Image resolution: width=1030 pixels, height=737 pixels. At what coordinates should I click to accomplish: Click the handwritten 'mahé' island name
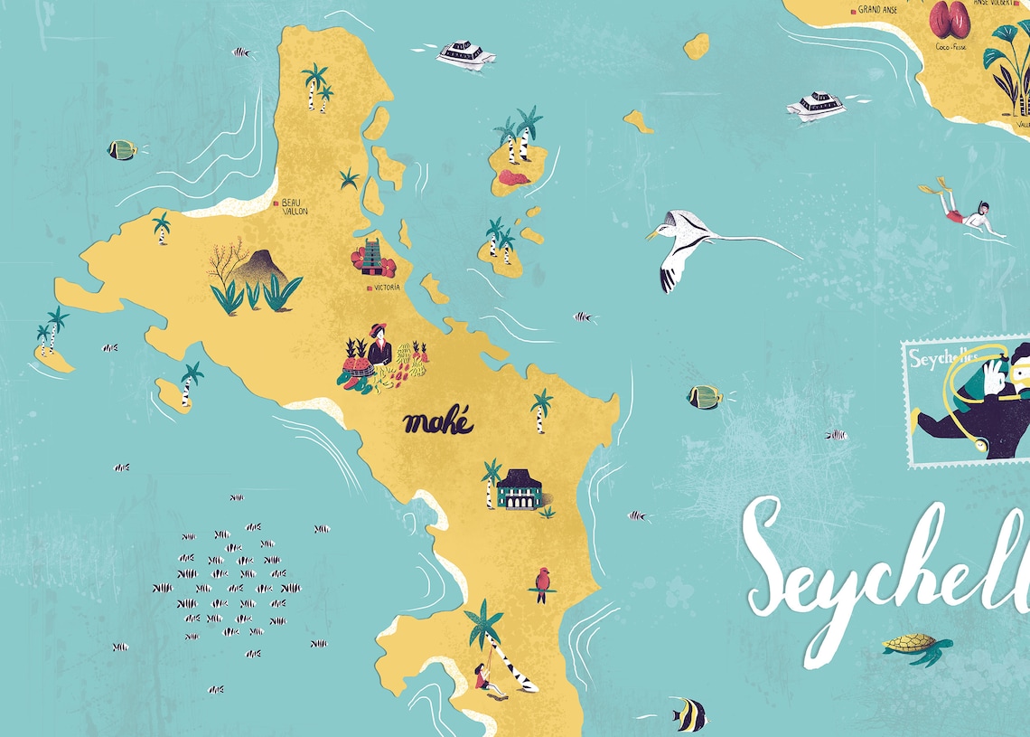click(438, 422)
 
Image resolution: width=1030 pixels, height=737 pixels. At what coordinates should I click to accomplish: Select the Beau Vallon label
click(295, 206)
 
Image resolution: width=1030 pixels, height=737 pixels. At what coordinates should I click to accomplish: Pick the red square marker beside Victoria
click(368, 288)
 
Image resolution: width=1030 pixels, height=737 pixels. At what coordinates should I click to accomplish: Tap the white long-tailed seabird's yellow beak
click(651, 234)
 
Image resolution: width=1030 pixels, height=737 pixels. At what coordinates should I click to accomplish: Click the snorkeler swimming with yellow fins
click(967, 213)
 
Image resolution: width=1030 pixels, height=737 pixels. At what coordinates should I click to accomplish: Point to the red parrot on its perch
click(542, 583)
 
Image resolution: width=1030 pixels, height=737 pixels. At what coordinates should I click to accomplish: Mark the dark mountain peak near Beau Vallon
click(258, 265)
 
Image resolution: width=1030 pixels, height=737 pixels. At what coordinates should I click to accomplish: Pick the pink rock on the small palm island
click(513, 178)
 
